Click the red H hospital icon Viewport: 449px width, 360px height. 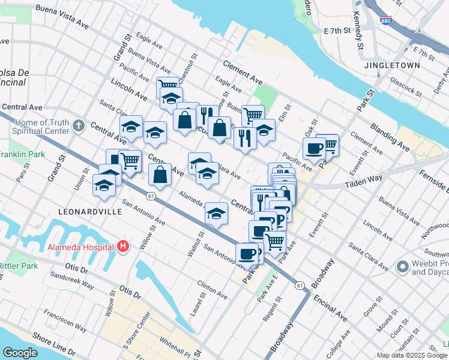[123, 246]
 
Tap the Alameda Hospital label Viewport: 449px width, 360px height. [80, 247]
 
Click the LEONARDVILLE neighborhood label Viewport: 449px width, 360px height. [90, 212]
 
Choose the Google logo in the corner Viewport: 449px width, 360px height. [20, 353]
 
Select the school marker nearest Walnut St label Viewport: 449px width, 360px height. [216, 213]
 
